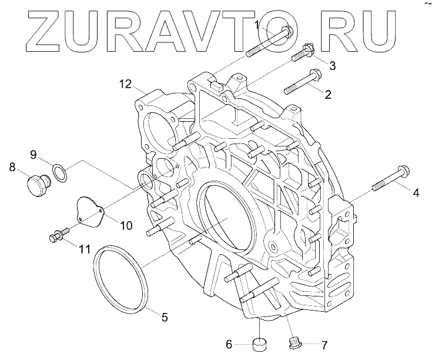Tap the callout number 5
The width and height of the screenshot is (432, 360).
click(164, 317)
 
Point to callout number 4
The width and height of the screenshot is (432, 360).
click(415, 192)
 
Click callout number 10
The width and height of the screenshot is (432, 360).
click(126, 225)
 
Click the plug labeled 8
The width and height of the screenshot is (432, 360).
click(37, 185)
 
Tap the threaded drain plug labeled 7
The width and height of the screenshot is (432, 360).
click(295, 342)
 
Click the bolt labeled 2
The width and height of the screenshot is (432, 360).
click(303, 82)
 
